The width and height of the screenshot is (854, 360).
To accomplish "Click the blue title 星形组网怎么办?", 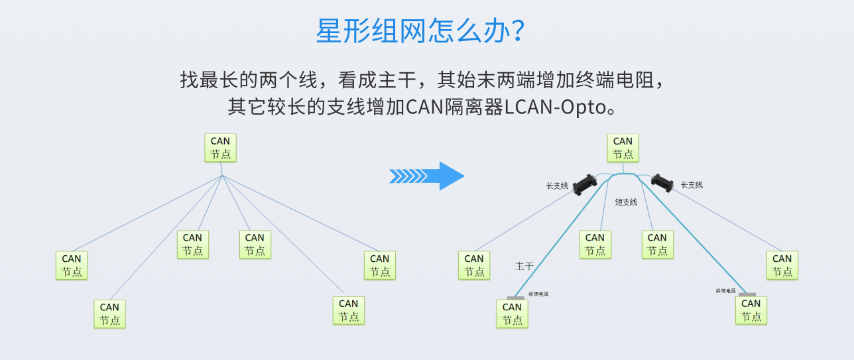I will tap(422, 31).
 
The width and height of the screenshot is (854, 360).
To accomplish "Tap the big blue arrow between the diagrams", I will tap(427, 176).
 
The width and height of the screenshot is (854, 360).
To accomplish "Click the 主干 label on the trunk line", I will tap(524, 266).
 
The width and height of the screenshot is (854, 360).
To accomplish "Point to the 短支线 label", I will tap(626, 202).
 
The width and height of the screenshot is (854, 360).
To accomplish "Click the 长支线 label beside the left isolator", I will tap(557, 186).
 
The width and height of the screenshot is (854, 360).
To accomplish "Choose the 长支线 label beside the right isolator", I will tap(692, 185).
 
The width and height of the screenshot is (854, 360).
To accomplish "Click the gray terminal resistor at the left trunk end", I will tap(515, 298).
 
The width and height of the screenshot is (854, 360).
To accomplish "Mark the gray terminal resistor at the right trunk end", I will tap(747, 294).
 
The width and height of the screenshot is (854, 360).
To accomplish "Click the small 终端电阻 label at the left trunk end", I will tap(538, 294).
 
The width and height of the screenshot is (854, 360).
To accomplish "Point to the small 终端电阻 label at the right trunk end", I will tap(725, 290).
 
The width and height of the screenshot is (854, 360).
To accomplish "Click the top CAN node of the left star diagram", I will tap(220, 148).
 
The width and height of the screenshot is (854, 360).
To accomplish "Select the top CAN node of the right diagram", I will tap(623, 148).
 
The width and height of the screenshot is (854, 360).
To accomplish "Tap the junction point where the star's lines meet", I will tap(222, 176).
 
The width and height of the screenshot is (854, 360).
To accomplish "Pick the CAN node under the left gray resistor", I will tap(512, 314).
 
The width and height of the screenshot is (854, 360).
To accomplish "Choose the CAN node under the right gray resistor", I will tap(751, 310).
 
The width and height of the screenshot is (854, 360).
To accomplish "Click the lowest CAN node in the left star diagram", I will tap(109, 314).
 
